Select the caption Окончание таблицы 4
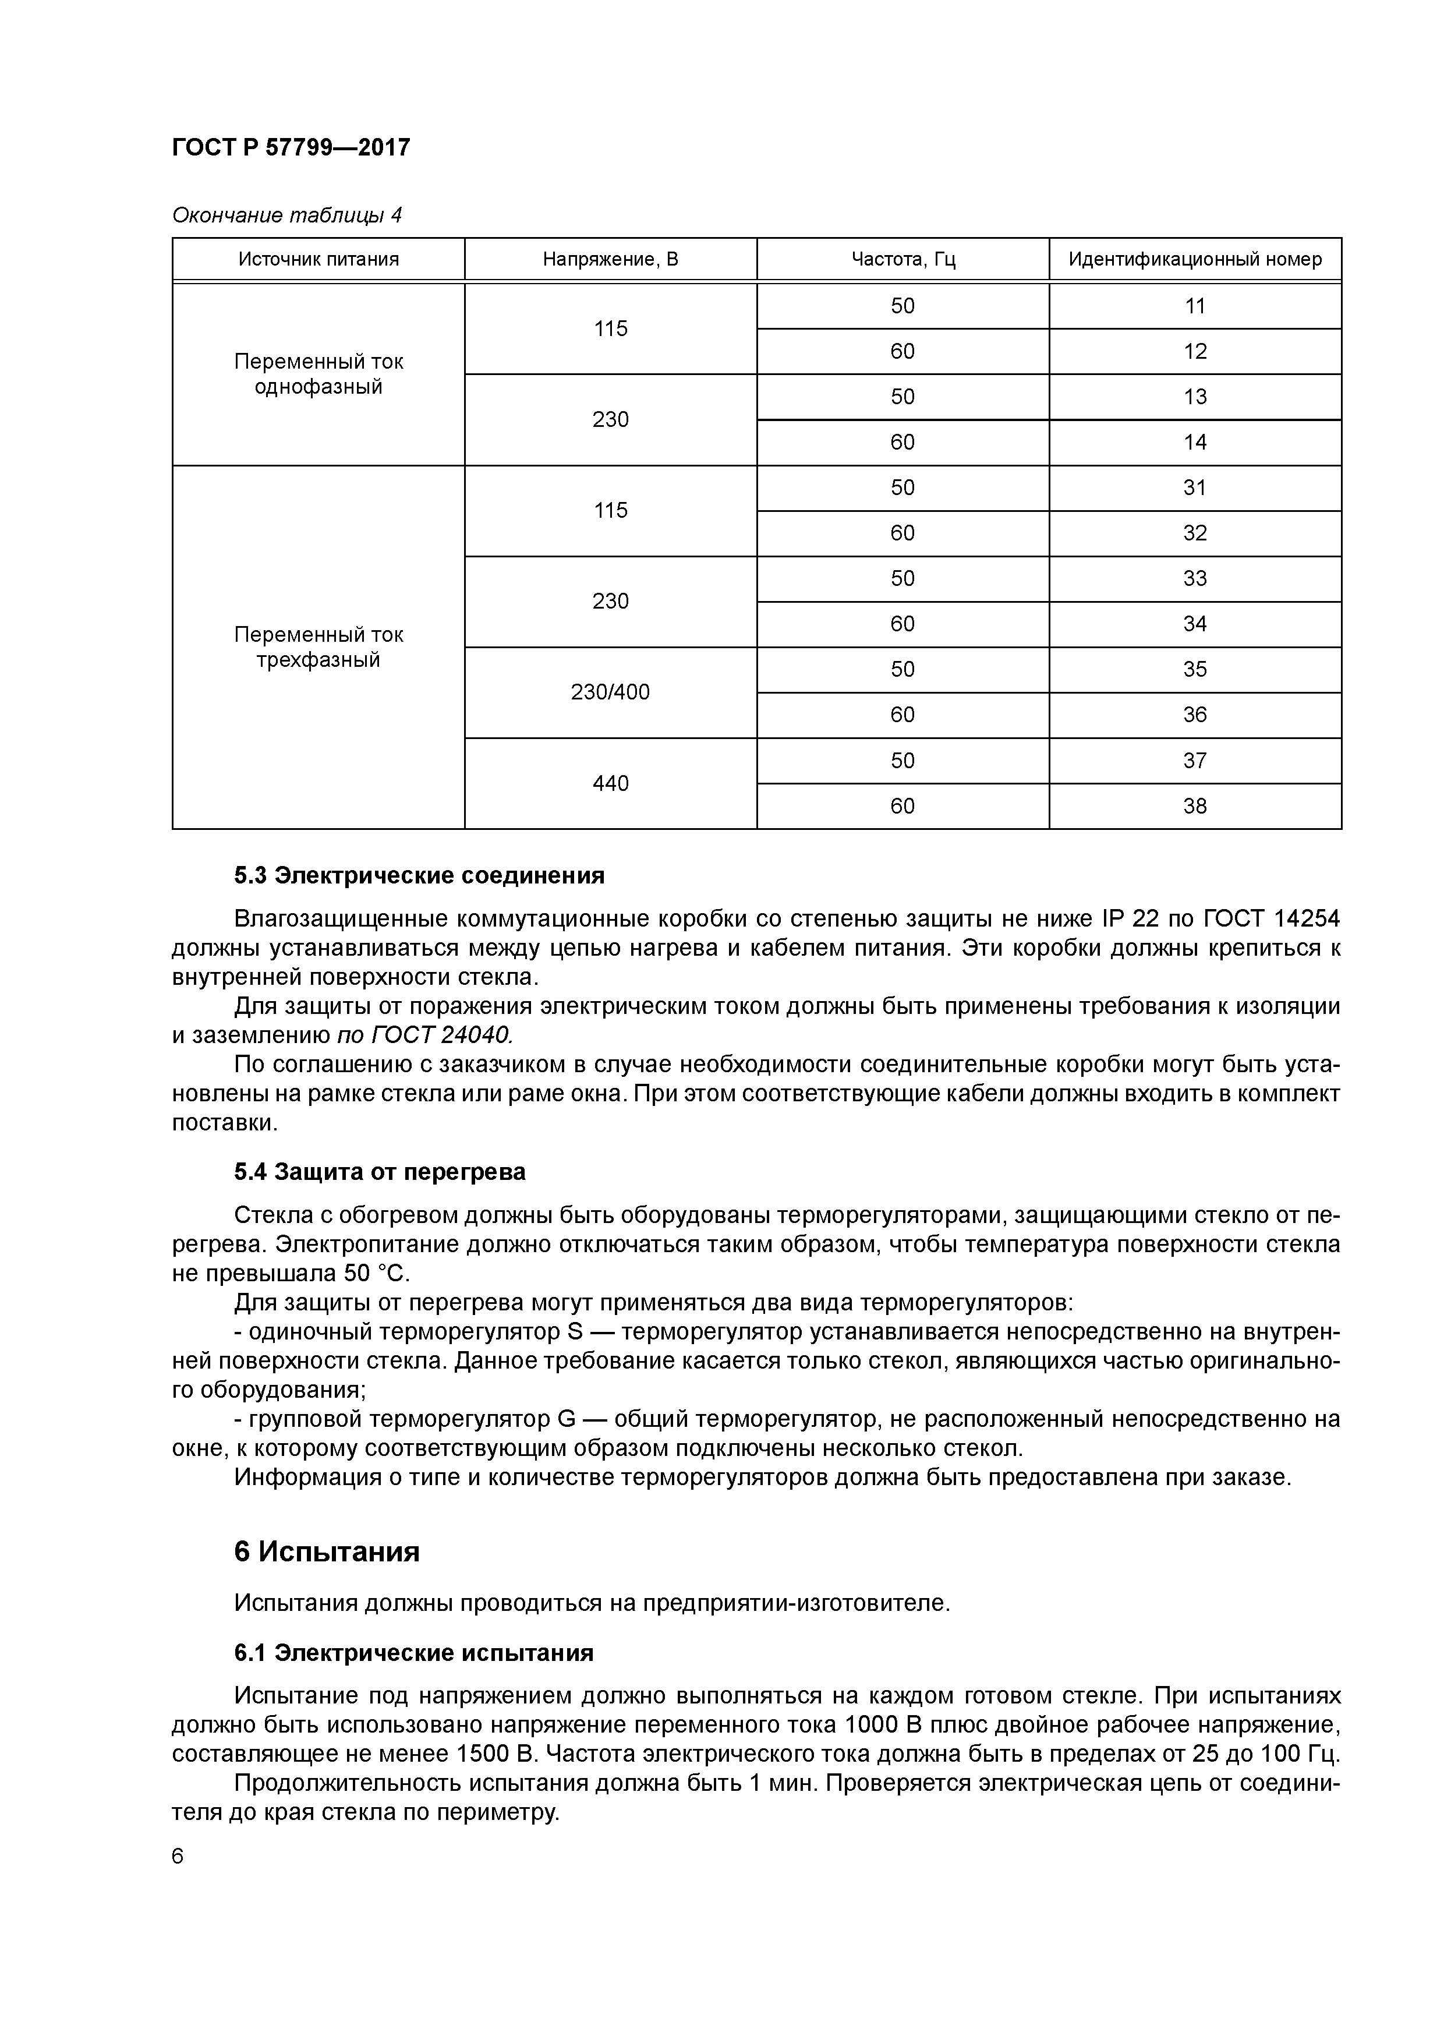pos(286,215)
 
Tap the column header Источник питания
pos(318,259)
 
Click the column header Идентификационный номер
pos(1195,259)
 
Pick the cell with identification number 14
pos(1195,442)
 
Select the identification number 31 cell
pos(1195,487)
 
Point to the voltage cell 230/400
pos(610,692)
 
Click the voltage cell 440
pos(610,783)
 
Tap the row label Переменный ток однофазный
pos(318,374)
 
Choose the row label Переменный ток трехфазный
pos(318,647)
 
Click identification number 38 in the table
pos(1195,806)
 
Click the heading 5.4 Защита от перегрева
pos(380,1172)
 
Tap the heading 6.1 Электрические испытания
pos(414,1653)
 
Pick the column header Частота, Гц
pos(903,259)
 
